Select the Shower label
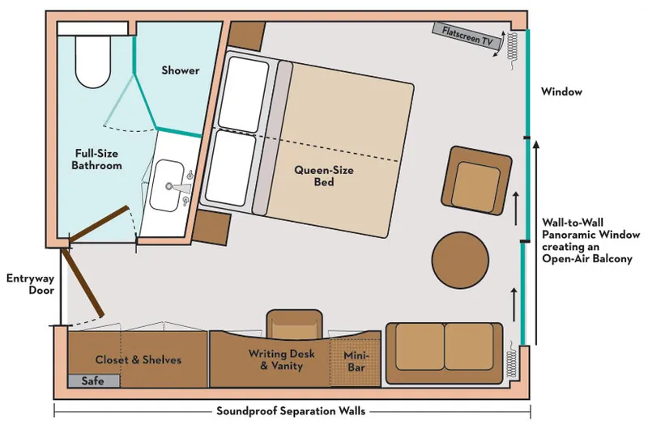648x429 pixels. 180,70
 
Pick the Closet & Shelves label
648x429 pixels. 139,359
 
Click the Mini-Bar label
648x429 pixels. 356,361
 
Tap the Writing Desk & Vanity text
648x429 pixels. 275,359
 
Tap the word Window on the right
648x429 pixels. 562,91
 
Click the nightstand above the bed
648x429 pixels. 248,35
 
